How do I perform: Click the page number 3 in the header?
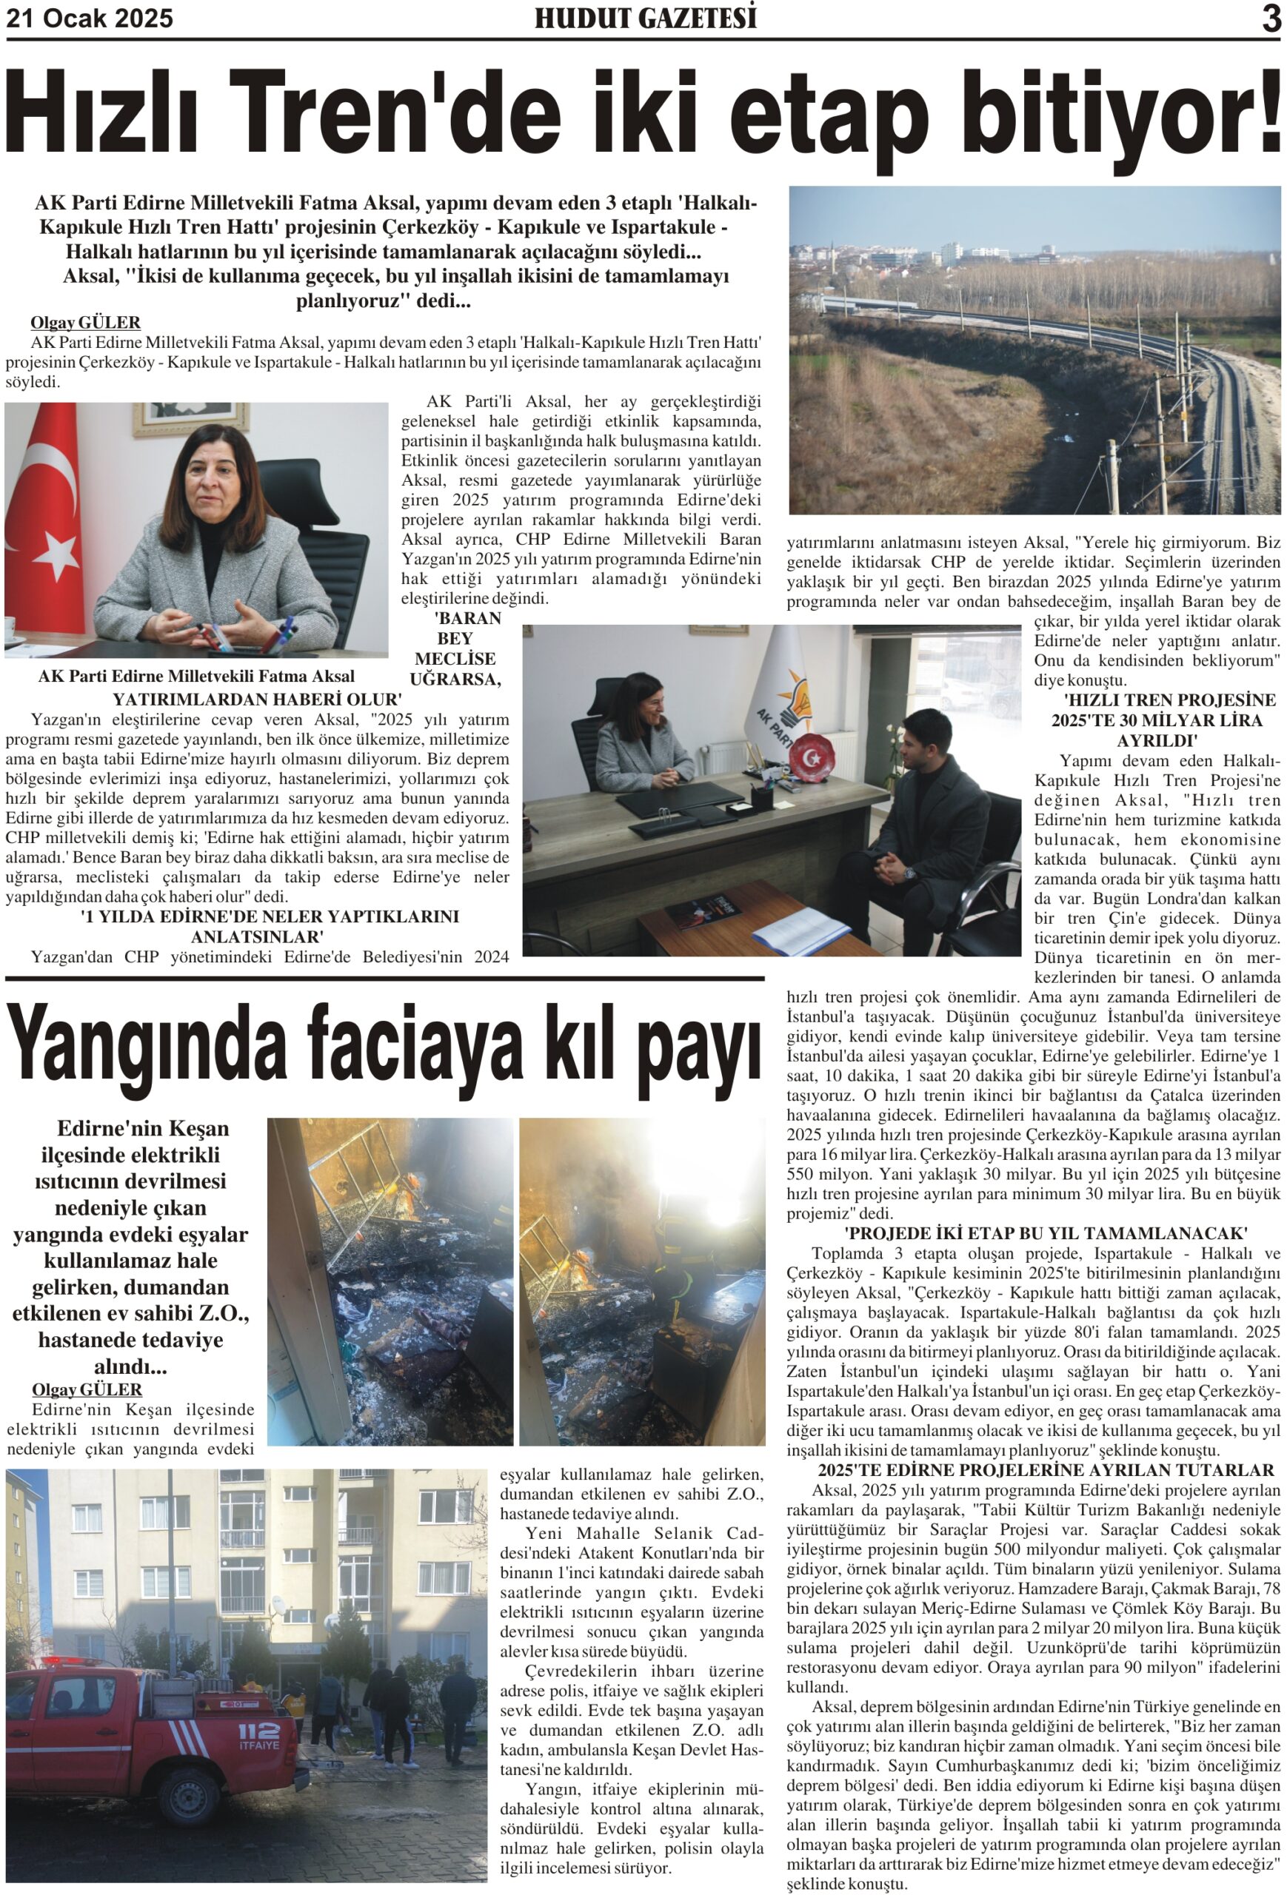pos(1270,19)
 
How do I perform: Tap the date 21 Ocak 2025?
pos(90,18)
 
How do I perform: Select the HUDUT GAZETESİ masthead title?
pos(645,18)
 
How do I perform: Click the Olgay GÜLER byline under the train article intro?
pos(86,323)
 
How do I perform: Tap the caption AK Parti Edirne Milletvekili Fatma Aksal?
pos(196,676)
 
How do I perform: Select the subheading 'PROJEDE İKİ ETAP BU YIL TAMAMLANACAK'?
pos(1046,1233)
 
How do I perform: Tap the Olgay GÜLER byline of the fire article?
pos(87,1389)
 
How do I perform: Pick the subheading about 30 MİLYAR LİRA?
pos(1157,720)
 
